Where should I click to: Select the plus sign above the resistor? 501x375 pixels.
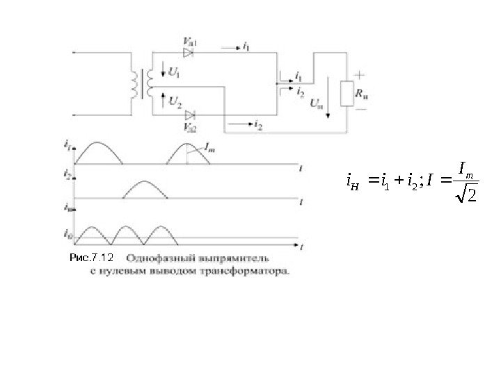(360, 74)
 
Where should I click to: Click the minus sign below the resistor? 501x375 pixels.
(360, 110)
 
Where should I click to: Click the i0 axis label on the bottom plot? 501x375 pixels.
(67, 233)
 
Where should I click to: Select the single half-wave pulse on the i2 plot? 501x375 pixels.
(145, 190)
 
